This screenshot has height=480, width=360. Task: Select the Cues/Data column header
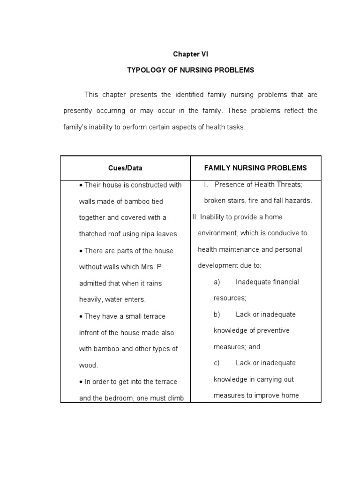pyautogui.click(x=125, y=168)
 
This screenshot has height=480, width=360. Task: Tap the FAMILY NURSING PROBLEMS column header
pyautogui.click(x=255, y=168)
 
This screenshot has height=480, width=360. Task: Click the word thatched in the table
pyautogui.click(x=92, y=234)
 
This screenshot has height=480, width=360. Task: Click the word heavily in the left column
pyautogui.click(x=91, y=299)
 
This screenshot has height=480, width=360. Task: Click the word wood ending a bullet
pyautogui.click(x=88, y=365)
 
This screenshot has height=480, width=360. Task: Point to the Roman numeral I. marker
pyautogui.click(x=206, y=185)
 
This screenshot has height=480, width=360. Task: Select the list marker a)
pyautogui.click(x=217, y=282)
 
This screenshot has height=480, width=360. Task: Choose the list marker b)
pyautogui.click(x=217, y=315)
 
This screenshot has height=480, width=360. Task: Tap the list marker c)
pyautogui.click(x=217, y=363)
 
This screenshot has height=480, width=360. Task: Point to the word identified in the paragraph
pyautogui.click(x=189, y=95)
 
